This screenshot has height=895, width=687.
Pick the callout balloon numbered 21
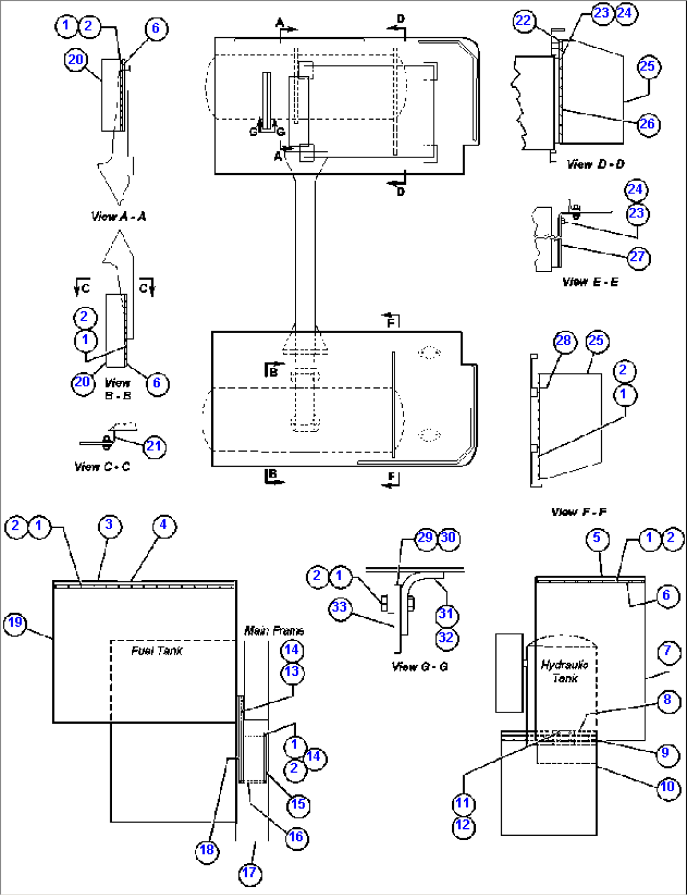pyautogui.click(x=154, y=447)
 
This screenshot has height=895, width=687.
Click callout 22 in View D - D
pyautogui.click(x=524, y=21)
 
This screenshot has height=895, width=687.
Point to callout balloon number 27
pyautogui.click(x=638, y=258)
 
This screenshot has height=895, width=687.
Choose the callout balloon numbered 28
pyautogui.click(x=564, y=341)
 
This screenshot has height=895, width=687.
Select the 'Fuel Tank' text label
pyautogui.click(x=156, y=651)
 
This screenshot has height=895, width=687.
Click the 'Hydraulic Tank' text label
pyautogui.click(x=565, y=672)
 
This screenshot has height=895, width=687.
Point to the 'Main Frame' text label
pyautogui.click(x=274, y=631)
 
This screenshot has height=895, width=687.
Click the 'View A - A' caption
pyautogui.click(x=118, y=216)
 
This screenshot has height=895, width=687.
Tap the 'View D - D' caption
pyautogui.click(x=596, y=164)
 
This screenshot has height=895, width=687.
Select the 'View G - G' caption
pyautogui.click(x=420, y=666)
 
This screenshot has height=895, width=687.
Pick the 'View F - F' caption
pyautogui.click(x=579, y=512)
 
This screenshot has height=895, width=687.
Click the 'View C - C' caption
pyautogui.click(x=102, y=467)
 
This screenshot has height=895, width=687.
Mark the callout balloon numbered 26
pyautogui.click(x=648, y=124)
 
